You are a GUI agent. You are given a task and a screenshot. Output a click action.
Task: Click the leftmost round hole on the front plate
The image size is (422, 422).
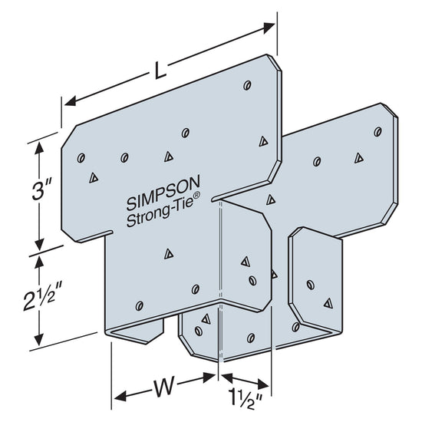[x=81, y=158]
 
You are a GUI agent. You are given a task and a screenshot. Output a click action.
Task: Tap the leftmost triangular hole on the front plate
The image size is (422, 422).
[x=92, y=177]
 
